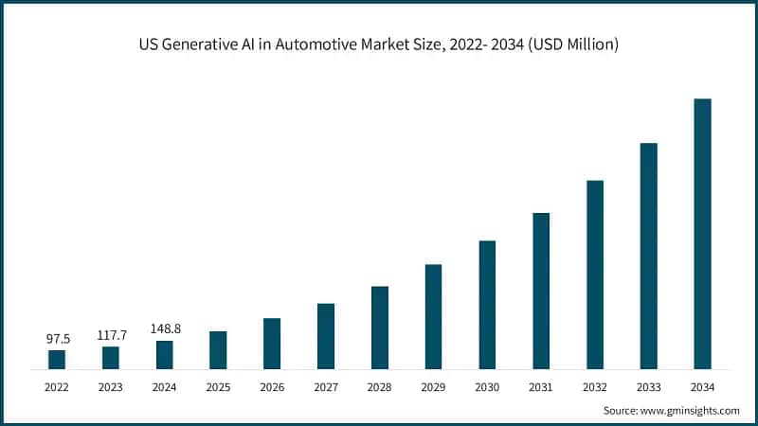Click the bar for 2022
pyautogui.click(x=57, y=359)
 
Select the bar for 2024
pyautogui.click(x=165, y=354)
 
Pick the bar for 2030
pyautogui.click(x=487, y=304)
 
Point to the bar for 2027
pyautogui.click(x=326, y=335)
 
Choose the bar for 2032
pyautogui.click(x=595, y=274)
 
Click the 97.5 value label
pyautogui.click(x=57, y=338)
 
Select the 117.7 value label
pyautogui.click(x=111, y=334)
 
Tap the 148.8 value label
pyautogui.click(x=165, y=328)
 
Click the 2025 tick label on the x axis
pyautogui.click(x=218, y=387)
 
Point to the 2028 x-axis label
pyautogui.click(x=380, y=387)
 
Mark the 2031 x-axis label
pyautogui.click(x=541, y=387)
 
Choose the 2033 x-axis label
pyautogui.click(x=648, y=387)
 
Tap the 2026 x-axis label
pyautogui.click(x=272, y=387)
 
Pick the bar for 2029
pyautogui.click(x=433, y=316)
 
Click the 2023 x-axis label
pyautogui.click(x=111, y=387)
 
